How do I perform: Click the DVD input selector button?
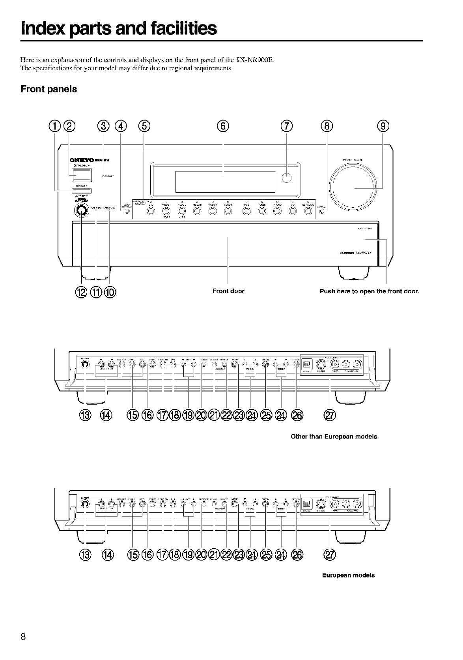(151, 212)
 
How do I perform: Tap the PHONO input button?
(277, 212)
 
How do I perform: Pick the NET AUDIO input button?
(308, 212)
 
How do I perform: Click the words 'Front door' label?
(228, 291)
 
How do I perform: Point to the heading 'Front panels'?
(49, 89)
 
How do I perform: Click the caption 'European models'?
(348, 576)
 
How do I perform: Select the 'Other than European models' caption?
(334, 437)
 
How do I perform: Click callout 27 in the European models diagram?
(329, 555)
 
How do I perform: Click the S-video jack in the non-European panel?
(322, 364)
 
